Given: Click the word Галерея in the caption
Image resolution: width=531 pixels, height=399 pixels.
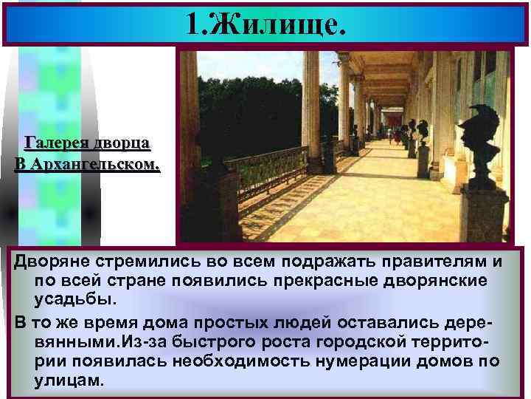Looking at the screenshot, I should pos(56,143).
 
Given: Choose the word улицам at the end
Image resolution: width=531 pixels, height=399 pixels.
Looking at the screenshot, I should pos(69,381).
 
